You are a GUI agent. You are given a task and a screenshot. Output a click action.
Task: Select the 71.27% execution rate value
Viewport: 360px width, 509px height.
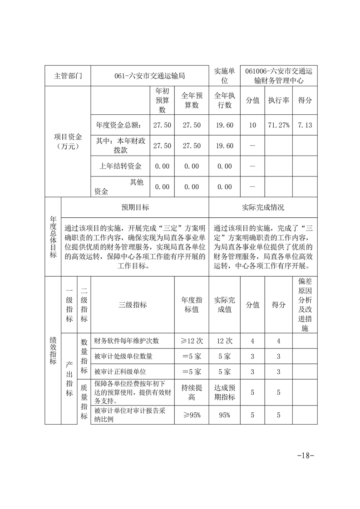(x=278, y=125)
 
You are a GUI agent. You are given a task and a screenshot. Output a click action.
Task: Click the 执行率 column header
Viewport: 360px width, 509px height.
(x=278, y=100)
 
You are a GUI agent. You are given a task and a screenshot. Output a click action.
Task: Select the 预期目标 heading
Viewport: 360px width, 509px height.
(x=135, y=207)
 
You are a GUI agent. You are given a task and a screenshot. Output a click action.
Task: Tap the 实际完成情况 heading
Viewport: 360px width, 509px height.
(x=263, y=207)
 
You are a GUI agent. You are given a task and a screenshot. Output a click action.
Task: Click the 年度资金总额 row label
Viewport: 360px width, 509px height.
(x=121, y=125)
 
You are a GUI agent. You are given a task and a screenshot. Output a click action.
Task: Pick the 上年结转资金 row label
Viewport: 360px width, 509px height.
(x=121, y=166)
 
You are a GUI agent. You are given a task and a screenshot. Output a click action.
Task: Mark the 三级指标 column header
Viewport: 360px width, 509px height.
(x=133, y=305)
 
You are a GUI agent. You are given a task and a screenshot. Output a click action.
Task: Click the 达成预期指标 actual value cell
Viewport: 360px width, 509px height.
(x=224, y=392)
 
